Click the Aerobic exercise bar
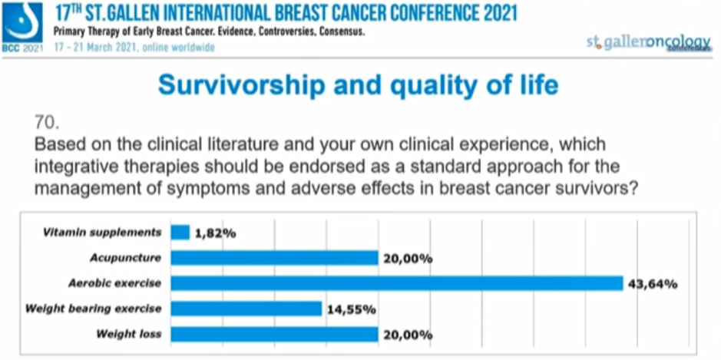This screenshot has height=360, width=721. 396,283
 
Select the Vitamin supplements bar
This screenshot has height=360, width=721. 180,232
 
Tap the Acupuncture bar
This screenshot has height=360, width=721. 274,258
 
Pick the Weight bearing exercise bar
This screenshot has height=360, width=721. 246,309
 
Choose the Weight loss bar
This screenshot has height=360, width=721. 274,334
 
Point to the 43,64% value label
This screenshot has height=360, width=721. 653,284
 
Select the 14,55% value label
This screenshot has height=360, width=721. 350,309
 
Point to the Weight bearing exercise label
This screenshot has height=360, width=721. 94,309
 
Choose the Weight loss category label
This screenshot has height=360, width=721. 129,334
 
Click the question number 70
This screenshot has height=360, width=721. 47,122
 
